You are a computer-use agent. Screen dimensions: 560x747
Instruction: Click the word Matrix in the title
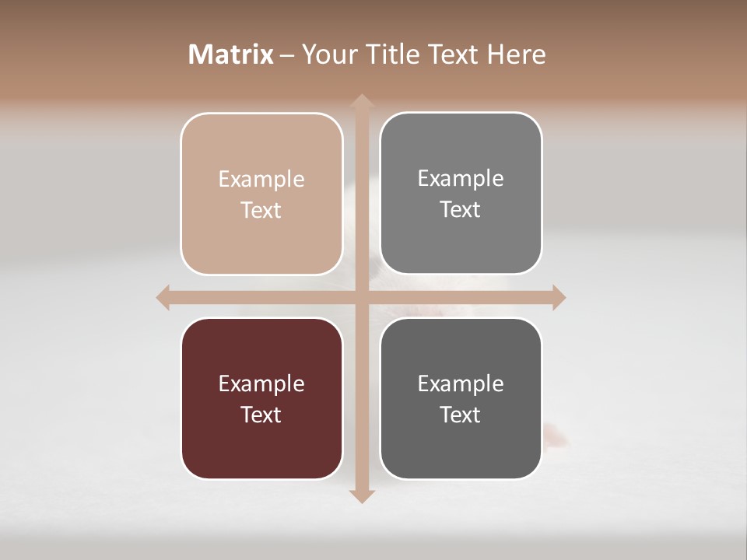click(x=231, y=54)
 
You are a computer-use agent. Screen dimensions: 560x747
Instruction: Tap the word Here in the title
click(x=516, y=54)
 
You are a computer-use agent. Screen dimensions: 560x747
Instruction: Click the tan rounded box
click(x=261, y=194)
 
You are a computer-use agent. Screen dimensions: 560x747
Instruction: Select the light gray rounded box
click(x=461, y=194)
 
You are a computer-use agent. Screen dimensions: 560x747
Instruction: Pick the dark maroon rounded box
click(x=261, y=398)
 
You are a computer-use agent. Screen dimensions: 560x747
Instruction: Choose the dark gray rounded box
click(x=461, y=398)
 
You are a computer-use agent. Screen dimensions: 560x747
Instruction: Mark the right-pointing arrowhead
click(x=558, y=297)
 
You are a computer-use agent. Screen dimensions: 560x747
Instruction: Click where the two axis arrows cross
click(x=361, y=297)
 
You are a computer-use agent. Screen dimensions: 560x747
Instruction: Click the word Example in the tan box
click(x=261, y=179)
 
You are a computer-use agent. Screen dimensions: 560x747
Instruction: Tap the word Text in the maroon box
click(x=261, y=415)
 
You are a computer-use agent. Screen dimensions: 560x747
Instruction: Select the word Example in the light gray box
click(x=461, y=178)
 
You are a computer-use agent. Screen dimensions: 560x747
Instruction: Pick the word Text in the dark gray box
click(x=461, y=415)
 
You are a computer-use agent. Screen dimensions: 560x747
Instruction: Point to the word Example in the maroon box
click(x=261, y=383)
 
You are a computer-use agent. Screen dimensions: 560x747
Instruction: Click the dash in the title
click(x=287, y=55)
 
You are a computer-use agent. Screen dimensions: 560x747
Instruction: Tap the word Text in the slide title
click(x=452, y=54)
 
